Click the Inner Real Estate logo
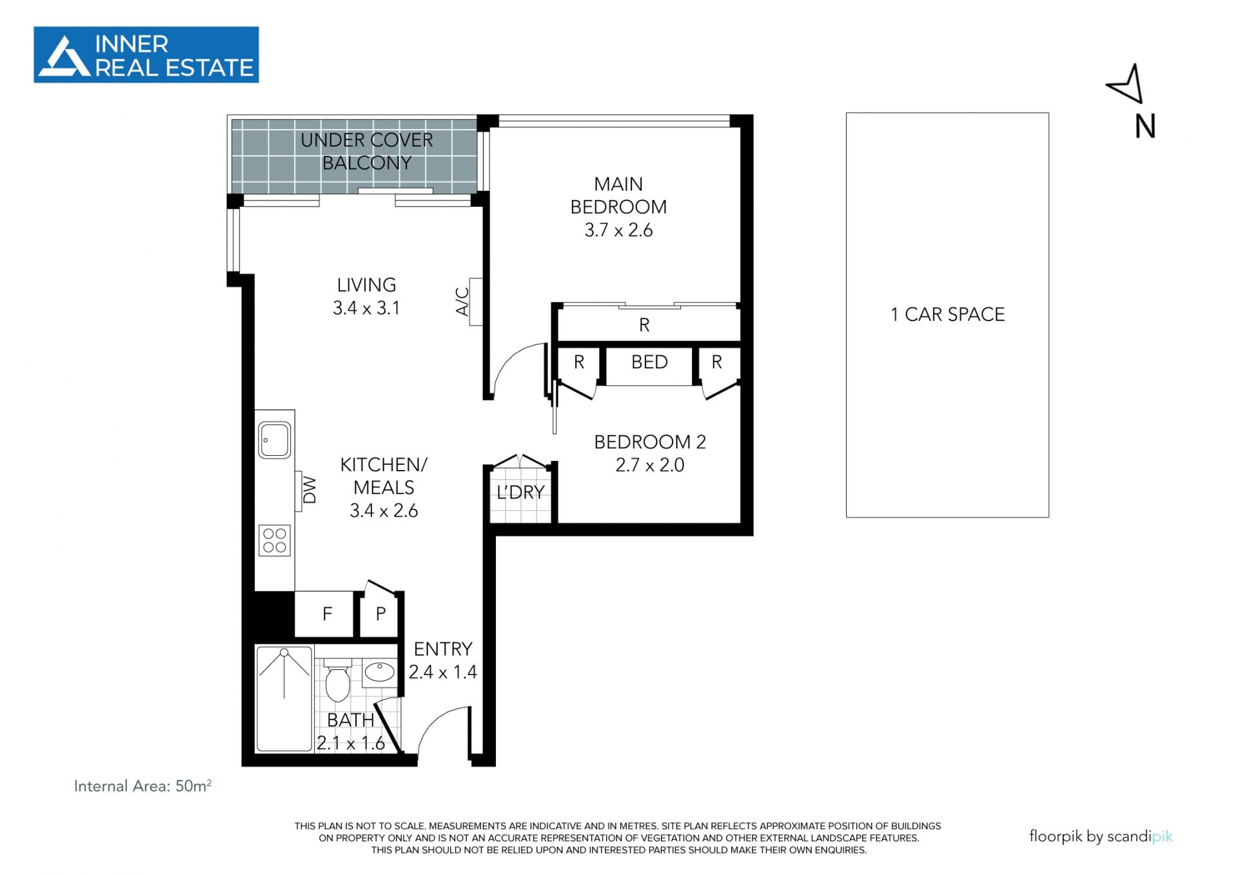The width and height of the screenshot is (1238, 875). [x=146, y=55]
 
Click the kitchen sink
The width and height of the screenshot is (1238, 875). [x=275, y=440]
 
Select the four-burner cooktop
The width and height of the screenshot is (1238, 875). [x=275, y=540]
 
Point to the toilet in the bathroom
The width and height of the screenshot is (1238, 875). [x=337, y=680]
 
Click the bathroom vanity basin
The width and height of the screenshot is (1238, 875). [x=380, y=673]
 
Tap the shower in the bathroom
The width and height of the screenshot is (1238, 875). [x=284, y=698]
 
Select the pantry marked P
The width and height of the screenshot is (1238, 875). [x=380, y=614]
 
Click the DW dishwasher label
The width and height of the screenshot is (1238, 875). [x=310, y=490]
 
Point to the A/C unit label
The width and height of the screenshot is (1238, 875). [x=462, y=301]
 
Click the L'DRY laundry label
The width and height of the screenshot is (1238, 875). [x=520, y=493]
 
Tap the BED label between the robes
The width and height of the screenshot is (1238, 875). [x=649, y=362]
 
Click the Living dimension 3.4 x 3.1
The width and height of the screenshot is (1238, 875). [x=366, y=308]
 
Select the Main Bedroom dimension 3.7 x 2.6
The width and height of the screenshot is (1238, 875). [x=618, y=230]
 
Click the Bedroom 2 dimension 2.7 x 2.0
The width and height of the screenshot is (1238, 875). [x=650, y=465]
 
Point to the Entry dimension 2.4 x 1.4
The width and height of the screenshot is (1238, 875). [x=443, y=672]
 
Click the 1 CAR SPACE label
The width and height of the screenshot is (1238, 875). [x=947, y=315]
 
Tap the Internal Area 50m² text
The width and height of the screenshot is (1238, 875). [x=142, y=786]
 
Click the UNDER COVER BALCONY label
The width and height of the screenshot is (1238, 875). [x=366, y=152]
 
